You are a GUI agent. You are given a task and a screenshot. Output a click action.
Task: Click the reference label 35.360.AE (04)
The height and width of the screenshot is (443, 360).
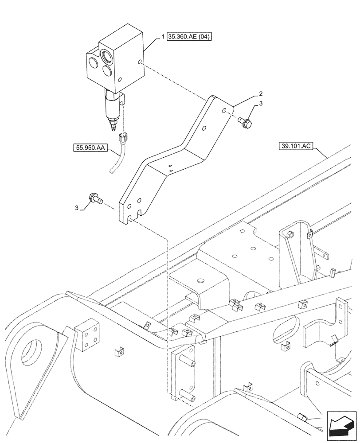190,37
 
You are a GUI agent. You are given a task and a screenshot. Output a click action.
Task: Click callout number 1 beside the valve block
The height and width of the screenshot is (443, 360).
164,37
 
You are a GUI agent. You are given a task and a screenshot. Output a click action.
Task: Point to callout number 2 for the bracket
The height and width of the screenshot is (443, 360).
261,93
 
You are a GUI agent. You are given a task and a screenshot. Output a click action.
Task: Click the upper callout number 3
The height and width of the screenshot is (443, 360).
261,104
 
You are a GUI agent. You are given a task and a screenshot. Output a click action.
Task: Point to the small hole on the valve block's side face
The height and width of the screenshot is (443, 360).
140,62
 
